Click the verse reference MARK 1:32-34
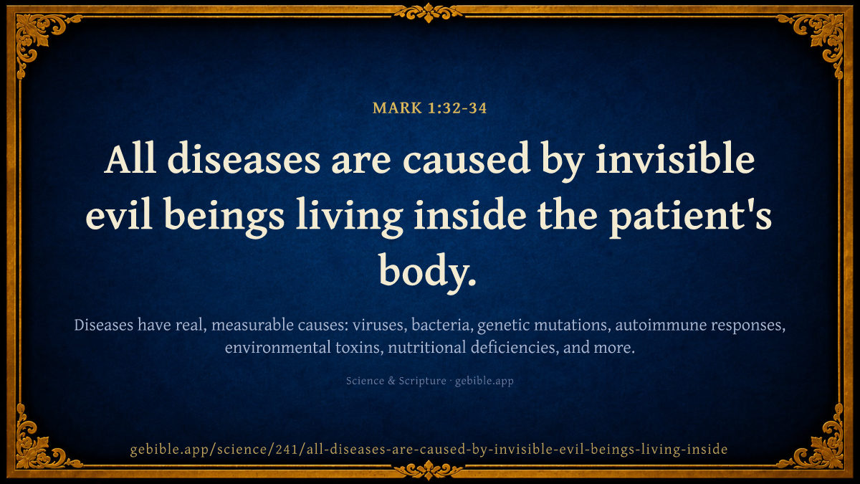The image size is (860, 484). [x=429, y=108]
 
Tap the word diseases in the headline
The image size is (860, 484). [x=244, y=158]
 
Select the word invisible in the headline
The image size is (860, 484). [x=675, y=158]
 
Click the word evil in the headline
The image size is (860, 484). [x=119, y=214]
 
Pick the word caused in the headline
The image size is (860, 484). [x=467, y=158]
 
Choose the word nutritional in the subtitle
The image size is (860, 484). [x=427, y=347]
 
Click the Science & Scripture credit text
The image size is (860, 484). [x=396, y=381]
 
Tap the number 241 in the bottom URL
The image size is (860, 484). [x=287, y=449]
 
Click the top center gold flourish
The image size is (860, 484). [x=429, y=13]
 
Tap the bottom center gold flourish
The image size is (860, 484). [x=429, y=470]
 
